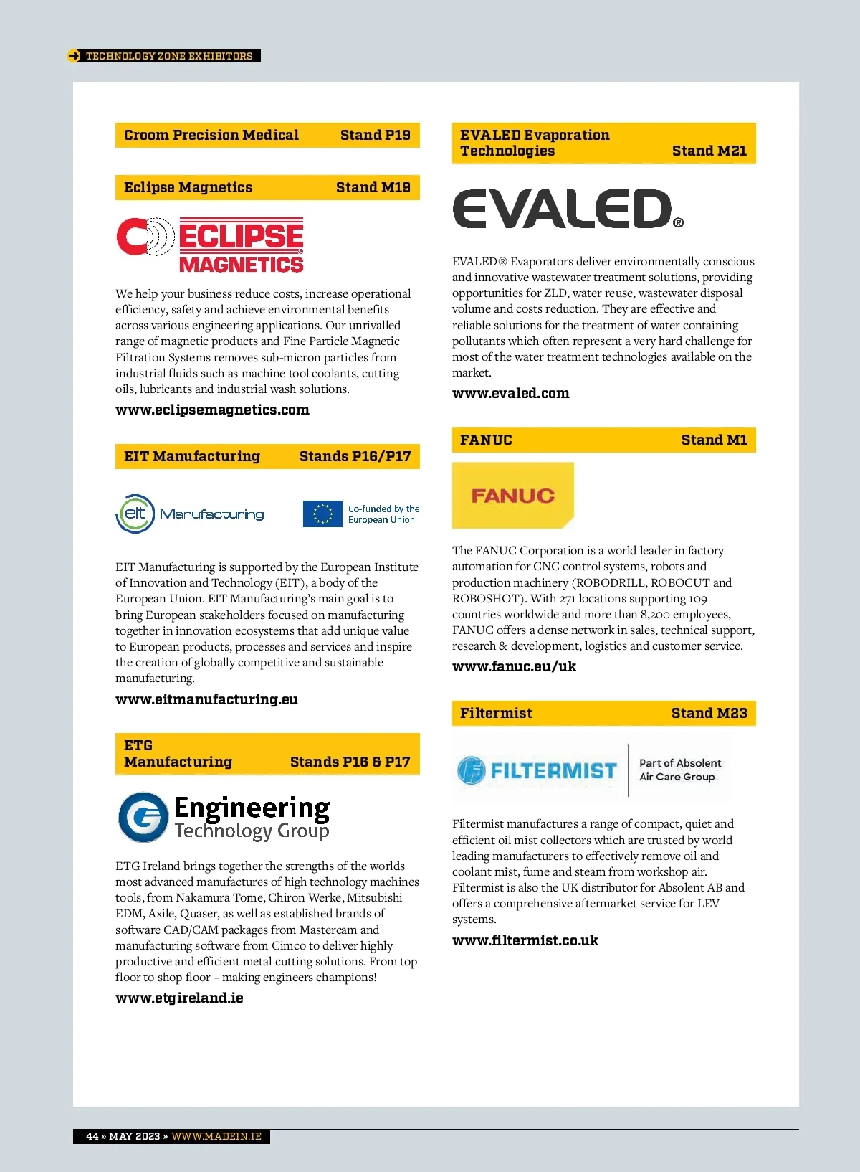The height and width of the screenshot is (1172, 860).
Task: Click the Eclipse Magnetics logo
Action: pos(211,245)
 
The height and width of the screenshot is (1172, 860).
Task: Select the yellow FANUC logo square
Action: pos(512,495)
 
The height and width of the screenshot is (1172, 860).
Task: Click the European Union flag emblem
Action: pos(322,514)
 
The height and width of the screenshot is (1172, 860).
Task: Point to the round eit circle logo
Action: pos(135,514)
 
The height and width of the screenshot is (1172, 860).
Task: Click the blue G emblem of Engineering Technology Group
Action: pos(144,817)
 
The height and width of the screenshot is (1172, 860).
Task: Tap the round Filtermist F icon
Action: pos(472,770)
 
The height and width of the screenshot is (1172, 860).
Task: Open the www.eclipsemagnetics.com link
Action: pos(212,410)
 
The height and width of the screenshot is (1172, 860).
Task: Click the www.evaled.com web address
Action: pos(510,393)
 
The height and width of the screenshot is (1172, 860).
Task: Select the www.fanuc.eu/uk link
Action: pos(514,666)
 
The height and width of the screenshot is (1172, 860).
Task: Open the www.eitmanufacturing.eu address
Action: pos(206,699)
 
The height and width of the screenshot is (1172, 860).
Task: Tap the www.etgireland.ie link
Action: pos(179,998)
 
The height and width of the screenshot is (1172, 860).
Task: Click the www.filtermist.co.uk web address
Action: pos(525,940)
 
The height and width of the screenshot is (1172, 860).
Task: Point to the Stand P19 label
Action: pos(375,135)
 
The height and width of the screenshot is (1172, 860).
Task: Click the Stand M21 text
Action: pos(709,151)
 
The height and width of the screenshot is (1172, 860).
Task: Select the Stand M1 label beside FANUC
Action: pos(714,440)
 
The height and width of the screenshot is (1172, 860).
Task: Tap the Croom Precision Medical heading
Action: pos(211,135)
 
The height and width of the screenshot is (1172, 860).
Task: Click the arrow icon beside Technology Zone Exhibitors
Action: pos(74,56)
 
